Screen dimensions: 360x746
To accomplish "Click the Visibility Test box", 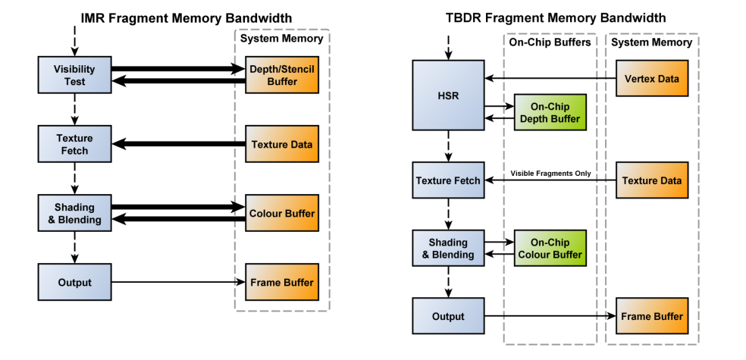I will [x=74, y=75].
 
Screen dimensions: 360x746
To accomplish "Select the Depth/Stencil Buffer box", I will [x=281, y=75].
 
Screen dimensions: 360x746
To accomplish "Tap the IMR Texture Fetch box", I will [x=74, y=144].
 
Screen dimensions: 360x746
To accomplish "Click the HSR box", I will [x=448, y=95].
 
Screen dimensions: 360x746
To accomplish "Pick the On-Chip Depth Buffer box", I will [x=550, y=112].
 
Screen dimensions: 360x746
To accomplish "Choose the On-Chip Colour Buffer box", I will [x=550, y=249].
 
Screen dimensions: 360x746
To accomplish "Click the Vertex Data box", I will [x=651, y=78].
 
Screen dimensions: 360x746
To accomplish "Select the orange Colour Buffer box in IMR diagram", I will [x=281, y=214].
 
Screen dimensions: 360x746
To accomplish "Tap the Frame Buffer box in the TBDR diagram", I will [x=651, y=316].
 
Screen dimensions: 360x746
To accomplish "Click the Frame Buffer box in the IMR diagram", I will [x=281, y=283].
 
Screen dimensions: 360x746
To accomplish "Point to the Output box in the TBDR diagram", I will [x=448, y=316].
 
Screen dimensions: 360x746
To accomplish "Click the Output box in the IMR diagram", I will [x=74, y=283].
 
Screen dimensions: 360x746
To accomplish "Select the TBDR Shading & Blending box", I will [x=448, y=249].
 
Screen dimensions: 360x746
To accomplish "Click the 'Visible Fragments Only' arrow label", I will [x=550, y=174].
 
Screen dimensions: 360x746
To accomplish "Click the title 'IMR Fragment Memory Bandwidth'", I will [x=186, y=17].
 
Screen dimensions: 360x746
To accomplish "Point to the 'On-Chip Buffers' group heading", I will [x=550, y=42].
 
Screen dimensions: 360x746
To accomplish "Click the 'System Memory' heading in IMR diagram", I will [x=281, y=38].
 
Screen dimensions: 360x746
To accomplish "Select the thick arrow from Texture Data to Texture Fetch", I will [x=178, y=144].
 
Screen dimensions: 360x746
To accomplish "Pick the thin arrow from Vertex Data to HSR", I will [x=550, y=78].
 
